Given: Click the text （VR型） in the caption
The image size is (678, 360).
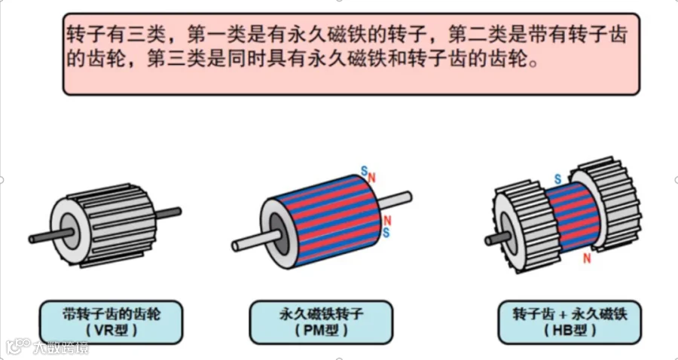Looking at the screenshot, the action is tap(111, 331).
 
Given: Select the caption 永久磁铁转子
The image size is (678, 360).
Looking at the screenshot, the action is tap(321, 313).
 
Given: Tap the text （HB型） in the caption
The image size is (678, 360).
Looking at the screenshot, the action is tap(570, 331).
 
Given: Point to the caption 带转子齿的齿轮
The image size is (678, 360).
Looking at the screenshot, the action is tap(111, 313).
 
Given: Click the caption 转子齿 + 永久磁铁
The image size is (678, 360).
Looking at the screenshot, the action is tap(570, 313).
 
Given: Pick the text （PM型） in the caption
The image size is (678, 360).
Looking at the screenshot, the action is tap(321, 331).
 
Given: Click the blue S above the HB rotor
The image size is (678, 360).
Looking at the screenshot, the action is tap(557, 179).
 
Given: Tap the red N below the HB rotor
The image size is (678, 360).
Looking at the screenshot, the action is tap(587, 258).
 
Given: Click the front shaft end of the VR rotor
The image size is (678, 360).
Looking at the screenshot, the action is tap(32, 239).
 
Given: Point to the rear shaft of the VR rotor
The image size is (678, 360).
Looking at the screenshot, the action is tap(168, 212).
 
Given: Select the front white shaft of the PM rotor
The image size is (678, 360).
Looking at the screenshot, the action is tap(255, 241).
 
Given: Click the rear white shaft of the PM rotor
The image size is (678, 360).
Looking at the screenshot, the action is tap(394, 200).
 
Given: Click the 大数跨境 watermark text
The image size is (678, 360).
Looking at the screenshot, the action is tap(60, 347).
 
